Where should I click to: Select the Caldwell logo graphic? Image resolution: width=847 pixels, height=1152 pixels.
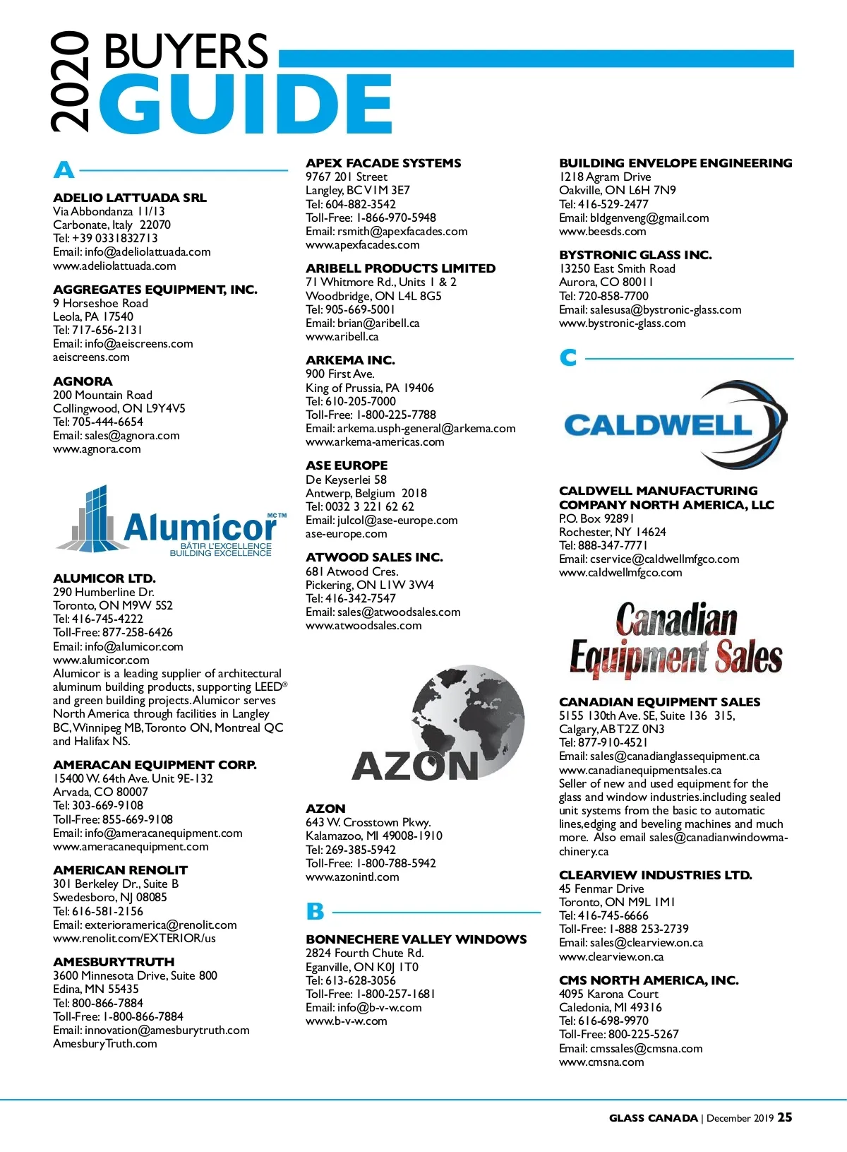tap(675, 424)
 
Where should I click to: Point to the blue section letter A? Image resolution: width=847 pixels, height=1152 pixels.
tap(64, 170)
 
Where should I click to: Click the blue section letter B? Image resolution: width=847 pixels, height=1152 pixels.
tap(315, 912)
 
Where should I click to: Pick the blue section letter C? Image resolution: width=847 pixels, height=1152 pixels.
tap(568, 358)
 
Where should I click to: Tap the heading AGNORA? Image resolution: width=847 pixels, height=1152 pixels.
tap(83, 381)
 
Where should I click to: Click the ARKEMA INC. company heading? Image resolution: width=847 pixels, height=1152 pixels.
tap(350, 360)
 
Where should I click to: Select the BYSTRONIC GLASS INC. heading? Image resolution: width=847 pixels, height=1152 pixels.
tap(635, 255)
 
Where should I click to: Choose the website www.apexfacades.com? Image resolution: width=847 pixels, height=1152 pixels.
tap(362, 245)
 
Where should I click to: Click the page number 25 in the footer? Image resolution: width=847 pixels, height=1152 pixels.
tap(785, 1117)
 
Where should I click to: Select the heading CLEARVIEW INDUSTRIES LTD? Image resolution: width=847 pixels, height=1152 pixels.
tap(655, 875)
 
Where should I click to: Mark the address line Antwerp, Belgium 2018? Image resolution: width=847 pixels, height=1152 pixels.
tap(366, 493)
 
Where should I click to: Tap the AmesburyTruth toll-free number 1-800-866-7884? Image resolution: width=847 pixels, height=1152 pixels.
tap(143, 1016)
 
